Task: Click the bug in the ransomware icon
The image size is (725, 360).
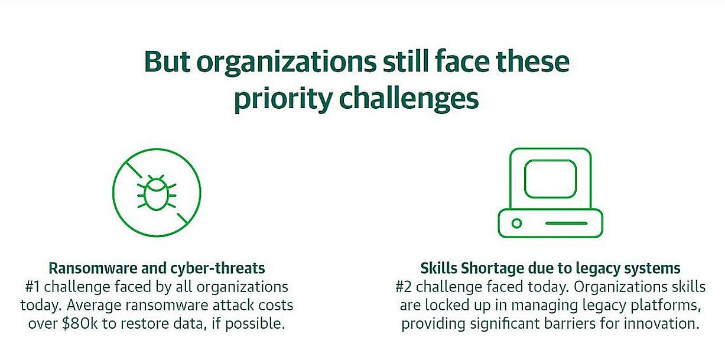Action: (x=157, y=193)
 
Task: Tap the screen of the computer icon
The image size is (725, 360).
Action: (x=550, y=179)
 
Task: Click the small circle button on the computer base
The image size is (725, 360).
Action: (x=516, y=223)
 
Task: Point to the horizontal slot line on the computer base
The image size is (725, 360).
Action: (x=566, y=223)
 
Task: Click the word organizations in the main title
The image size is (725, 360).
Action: (x=287, y=63)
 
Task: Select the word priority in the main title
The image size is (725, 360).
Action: (x=283, y=98)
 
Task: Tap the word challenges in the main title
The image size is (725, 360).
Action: (x=409, y=98)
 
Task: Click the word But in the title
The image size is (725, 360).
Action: (x=167, y=61)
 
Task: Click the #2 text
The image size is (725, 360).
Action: (x=404, y=287)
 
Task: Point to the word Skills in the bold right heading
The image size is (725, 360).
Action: (x=439, y=268)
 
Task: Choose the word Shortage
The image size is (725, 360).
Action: (x=493, y=268)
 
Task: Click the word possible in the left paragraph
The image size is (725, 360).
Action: (x=255, y=324)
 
